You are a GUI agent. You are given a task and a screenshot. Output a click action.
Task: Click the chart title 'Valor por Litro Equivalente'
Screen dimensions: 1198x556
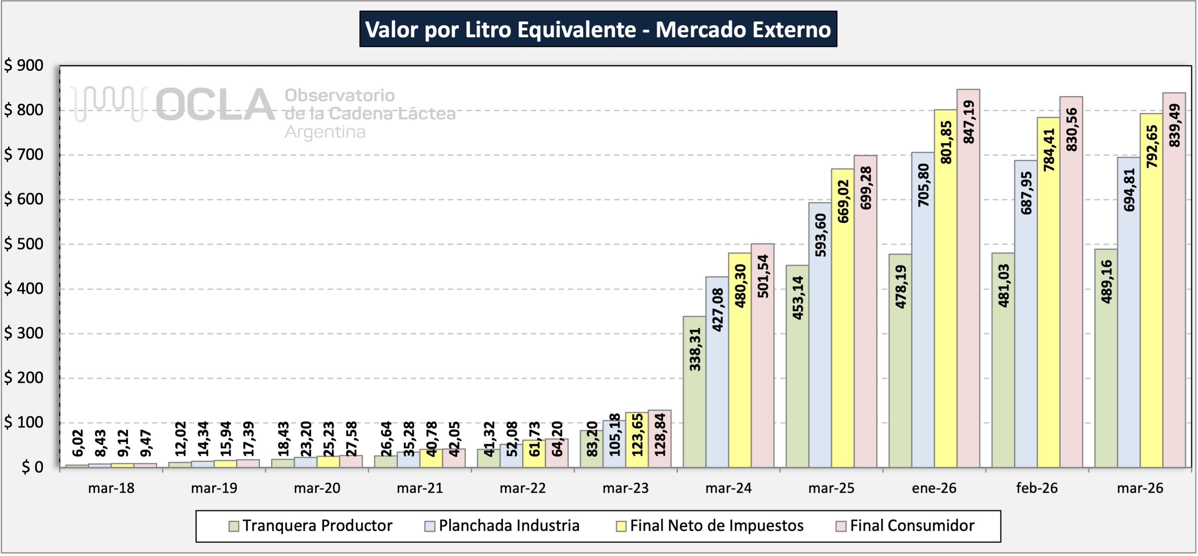[x=501, y=29]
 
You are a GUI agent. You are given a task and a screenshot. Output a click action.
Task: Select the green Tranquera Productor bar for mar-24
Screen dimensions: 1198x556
[x=694, y=392]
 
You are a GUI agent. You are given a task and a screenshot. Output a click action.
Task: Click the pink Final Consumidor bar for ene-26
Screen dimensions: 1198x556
[x=968, y=278]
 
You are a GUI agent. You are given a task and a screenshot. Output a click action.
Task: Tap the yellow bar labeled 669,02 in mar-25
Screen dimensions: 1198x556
[x=843, y=318]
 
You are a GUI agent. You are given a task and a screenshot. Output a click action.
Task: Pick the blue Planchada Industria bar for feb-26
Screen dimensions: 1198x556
[x=1026, y=314]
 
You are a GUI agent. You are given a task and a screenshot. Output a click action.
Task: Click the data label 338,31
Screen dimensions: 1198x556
[x=694, y=349]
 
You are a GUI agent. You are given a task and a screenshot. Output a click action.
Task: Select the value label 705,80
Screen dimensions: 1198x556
[x=923, y=185]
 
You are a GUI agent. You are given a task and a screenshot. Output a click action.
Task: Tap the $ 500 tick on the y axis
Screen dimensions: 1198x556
[x=24, y=244]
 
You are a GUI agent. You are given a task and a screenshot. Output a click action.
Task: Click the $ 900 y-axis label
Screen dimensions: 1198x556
[x=24, y=65]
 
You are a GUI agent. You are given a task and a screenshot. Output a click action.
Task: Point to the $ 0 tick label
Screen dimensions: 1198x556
[x=33, y=467]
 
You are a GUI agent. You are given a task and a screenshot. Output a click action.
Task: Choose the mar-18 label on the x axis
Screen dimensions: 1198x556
[x=111, y=488]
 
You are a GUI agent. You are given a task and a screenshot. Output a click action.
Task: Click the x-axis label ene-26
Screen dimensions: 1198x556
[x=934, y=488]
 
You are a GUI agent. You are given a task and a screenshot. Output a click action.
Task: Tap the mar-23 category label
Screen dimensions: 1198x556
[x=626, y=488]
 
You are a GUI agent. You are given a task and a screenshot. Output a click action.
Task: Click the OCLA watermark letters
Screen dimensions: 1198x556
[x=215, y=104]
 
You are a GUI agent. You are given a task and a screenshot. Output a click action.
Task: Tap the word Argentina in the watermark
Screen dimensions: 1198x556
[x=325, y=132]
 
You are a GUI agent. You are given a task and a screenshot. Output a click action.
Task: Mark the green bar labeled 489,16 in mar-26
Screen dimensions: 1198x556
[x=1106, y=358]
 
